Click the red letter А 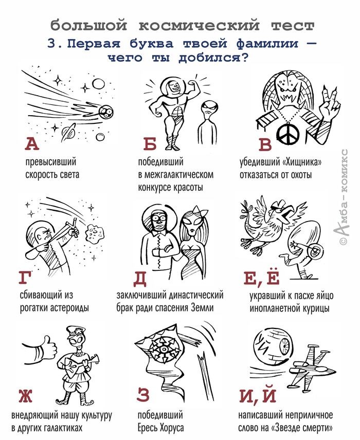[32, 144]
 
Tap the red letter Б [150, 144]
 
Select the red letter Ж [26, 395]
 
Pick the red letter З [143, 395]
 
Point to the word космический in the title [199, 26]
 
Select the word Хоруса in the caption [172, 428]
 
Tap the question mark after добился [245, 58]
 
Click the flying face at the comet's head [106, 112]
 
